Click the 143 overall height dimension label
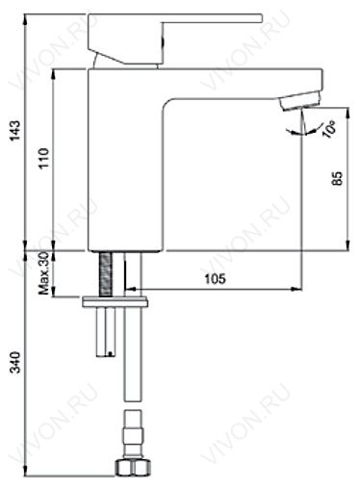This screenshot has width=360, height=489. coord(15,130)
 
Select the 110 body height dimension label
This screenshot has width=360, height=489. coord(43,158)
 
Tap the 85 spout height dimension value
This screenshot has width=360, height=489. coord(338,179)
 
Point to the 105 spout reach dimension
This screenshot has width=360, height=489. coord(216,279)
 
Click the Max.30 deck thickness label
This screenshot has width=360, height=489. coord(43,273)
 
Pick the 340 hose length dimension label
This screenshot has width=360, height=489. coord(15,362)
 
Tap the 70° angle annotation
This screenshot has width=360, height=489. coord(330,129)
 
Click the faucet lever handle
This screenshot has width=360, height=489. coord(175,39)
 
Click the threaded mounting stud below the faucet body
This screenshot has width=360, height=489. coord(106,274)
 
